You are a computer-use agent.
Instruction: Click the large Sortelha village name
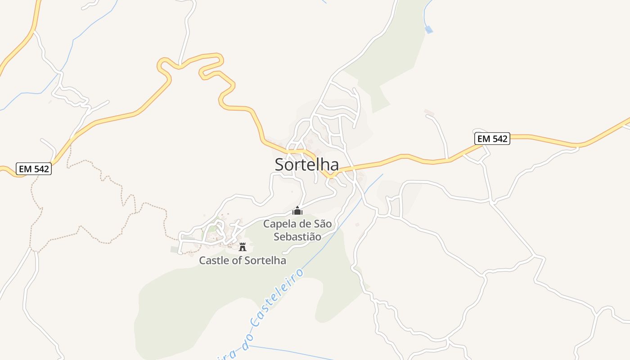pos(306,164)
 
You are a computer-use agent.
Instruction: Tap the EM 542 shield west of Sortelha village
pos(34,169)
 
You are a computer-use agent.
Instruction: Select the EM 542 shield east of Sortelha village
pos(492,139)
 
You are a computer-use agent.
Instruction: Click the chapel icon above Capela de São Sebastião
pos(297,211)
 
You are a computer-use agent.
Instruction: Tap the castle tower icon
pos(243,247)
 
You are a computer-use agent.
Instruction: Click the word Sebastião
pos(297,237)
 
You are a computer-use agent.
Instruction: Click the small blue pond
pos(429,30)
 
